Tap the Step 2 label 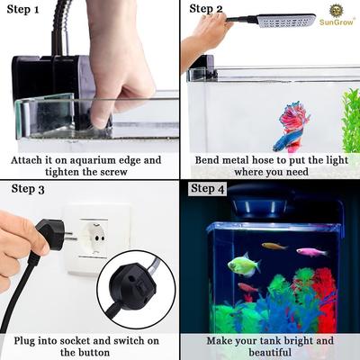click(x=207, y=10)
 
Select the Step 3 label click(x=27, y=189)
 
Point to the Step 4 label click(x=207, y=188)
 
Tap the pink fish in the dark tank click(x=311, y=253)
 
